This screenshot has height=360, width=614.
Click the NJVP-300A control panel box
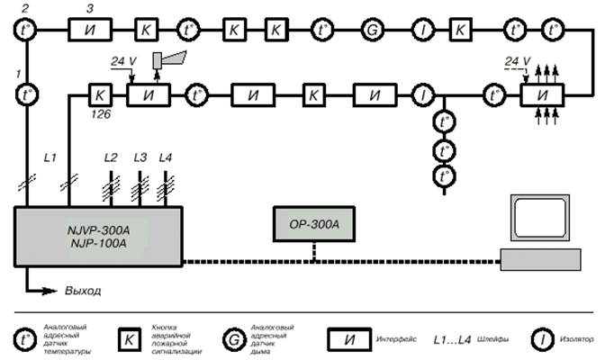click(100, 237)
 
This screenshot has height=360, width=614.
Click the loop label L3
click(140, 158)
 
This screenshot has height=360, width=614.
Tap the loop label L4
click(166, 158)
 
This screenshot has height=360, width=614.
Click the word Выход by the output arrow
click(84, 292)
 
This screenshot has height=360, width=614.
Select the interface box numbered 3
click(89, 30)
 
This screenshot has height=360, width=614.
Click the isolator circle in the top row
click(420, 30)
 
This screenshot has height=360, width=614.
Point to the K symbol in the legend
click(129, 339)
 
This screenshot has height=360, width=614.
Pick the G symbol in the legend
click(232, 339)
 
